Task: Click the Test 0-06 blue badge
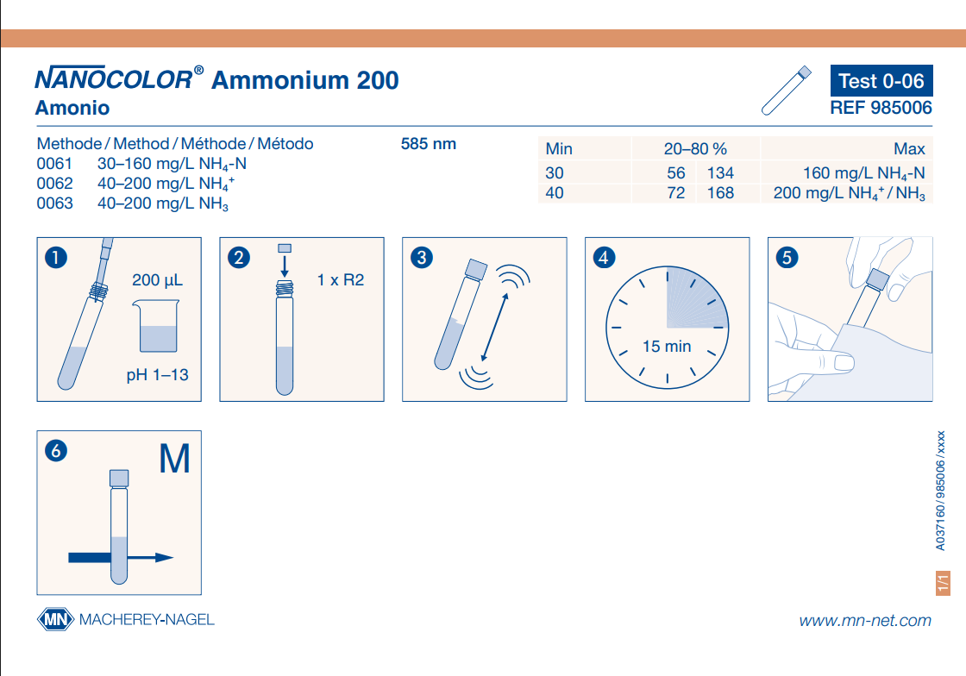point(881,81)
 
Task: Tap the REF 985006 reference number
point(881,108)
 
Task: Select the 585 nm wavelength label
point(428,144)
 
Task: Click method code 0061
point(54,164)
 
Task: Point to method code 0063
point(54,203)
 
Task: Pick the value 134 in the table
point(720,173)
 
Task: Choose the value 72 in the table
point(676,192)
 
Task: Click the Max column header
point(909,149)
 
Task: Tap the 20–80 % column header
point(695,149)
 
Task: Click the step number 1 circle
point(56,257)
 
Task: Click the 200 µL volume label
point(157,280)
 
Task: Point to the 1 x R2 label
point(340,280)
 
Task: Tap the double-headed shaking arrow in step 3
point(495,327)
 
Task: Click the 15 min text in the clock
point(667,347)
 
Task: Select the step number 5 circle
point(787,257)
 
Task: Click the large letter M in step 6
point(174,459)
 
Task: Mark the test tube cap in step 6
point(119,479)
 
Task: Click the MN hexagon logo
point(55,619)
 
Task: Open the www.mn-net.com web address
point(865,621)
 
